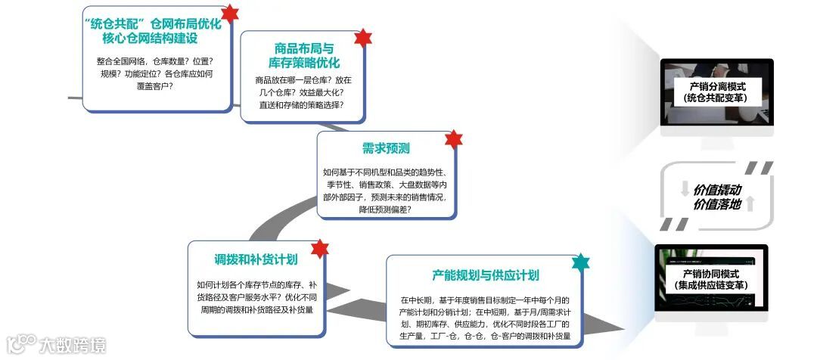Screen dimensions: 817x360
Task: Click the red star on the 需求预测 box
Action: pyautogui.click(x=452, y=139)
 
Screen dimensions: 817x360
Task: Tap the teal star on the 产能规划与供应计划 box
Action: pyautogui.click(x=580, y=262)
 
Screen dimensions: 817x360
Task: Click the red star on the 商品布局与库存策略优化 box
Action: pyautogui.click(x=363, y=38)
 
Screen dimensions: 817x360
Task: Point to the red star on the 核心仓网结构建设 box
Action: pyautogui.click(x=230, y=13)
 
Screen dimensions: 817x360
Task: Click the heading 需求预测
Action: pyautogui.click(x=386, y=148)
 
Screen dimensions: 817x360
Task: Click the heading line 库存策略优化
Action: pyautogui.click(x=304, y=63)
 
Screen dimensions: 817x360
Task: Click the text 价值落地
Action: pyautogui.click(x=717, y=204)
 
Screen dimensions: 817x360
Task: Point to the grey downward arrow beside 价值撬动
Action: pyautogui.click(x=685, y=189)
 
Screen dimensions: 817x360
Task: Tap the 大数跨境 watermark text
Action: pyautogui.click(x=73, y=346)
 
